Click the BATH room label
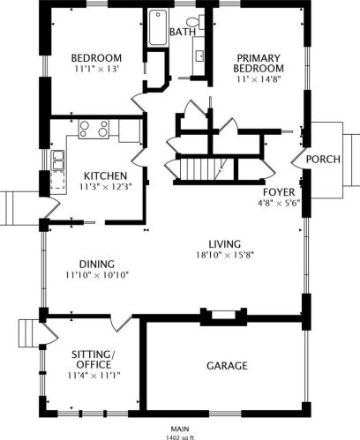(x=183, y=32)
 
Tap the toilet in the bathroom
(x=196, y=22)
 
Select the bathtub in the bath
(x=158, y=27)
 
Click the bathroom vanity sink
(x=200, y=56)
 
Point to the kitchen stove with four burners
(x=94, y=129)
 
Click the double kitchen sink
(x=57, y=160)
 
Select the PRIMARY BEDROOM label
(x=259, y=63)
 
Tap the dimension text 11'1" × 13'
(x=96, y=70)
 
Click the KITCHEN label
(x=105, y=175)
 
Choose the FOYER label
(x=279, y=192)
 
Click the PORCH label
(x=323, y=160)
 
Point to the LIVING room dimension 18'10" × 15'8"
(x=225, y=255)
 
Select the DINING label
(x=97, y=264)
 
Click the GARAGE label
(x=227, y=366)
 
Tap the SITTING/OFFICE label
(x=94, y=359)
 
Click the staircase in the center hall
(x=200, y=169)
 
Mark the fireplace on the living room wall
(x=223, y=317)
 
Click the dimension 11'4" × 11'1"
(x=94, y=376)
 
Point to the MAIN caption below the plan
(x=180, y=429)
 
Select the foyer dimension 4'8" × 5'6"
(x=279, y=203)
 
